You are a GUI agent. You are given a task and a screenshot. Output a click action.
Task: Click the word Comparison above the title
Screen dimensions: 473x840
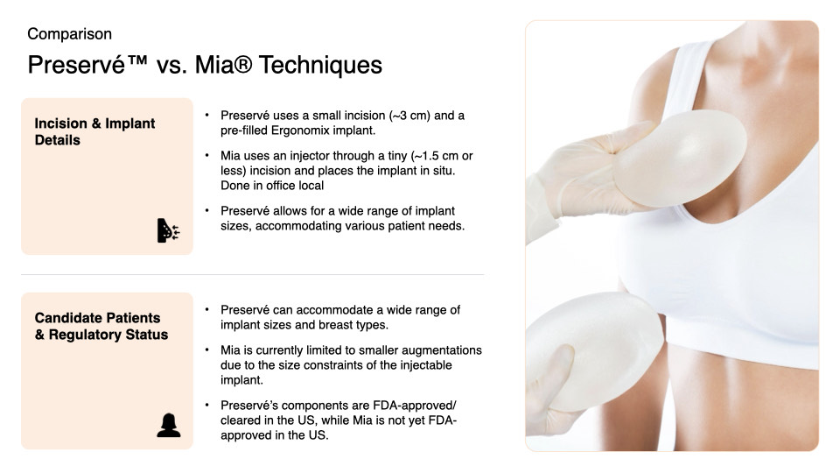point(69,34)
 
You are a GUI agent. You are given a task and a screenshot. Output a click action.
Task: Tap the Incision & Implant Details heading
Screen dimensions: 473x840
point(94,131)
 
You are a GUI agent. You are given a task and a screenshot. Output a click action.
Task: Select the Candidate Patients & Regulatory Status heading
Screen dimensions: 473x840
point(101,326)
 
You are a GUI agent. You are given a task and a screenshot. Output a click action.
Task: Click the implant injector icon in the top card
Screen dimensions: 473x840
point(168,230)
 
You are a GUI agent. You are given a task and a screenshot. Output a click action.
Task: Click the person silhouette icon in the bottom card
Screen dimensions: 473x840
point(168,425)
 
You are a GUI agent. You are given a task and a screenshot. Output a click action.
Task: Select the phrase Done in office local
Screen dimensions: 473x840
point(272,186)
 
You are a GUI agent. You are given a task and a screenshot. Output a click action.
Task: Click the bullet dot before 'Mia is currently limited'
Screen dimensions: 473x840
point(206,350)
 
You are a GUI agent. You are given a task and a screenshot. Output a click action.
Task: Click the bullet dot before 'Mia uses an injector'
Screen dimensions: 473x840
point(206,156)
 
